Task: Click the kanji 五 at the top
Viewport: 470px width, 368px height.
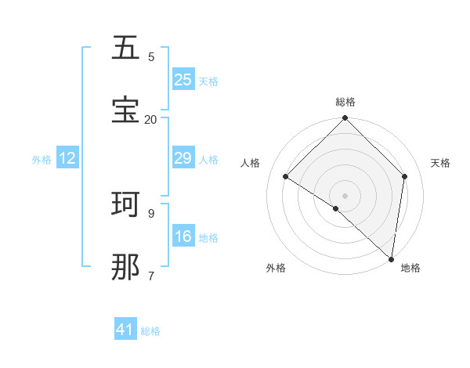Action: click(126, 49)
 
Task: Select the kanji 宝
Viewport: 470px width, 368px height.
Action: click(126, 110)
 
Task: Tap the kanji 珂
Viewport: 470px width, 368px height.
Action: click(126, 204)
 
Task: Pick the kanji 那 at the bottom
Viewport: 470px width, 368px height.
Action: click(126, 267)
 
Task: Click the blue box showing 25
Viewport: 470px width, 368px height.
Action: click(183, 80)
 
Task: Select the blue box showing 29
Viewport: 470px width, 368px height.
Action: click(183, 159)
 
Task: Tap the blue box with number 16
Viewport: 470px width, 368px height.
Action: click(183, 236)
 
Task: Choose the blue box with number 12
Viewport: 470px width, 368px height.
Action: click(67, 159)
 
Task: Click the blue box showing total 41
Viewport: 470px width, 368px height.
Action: click(125, 330)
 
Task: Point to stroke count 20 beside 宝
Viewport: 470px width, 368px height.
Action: click(151, 119)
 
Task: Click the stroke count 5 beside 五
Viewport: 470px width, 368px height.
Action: click(151, 56)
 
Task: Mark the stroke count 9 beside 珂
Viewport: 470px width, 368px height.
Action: click(151, 213)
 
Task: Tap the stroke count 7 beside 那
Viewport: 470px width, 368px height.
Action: click(151, 276)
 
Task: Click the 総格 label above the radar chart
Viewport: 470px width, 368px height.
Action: click(345, 102)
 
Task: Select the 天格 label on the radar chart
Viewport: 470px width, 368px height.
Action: click(440, 163)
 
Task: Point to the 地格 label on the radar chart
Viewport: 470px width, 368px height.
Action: click(410, 268)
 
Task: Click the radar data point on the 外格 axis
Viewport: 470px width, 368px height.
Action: click(336, 208)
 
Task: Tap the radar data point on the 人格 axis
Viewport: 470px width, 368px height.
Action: click(286, 177)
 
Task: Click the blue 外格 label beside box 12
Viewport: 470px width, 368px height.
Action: click(42, 160)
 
